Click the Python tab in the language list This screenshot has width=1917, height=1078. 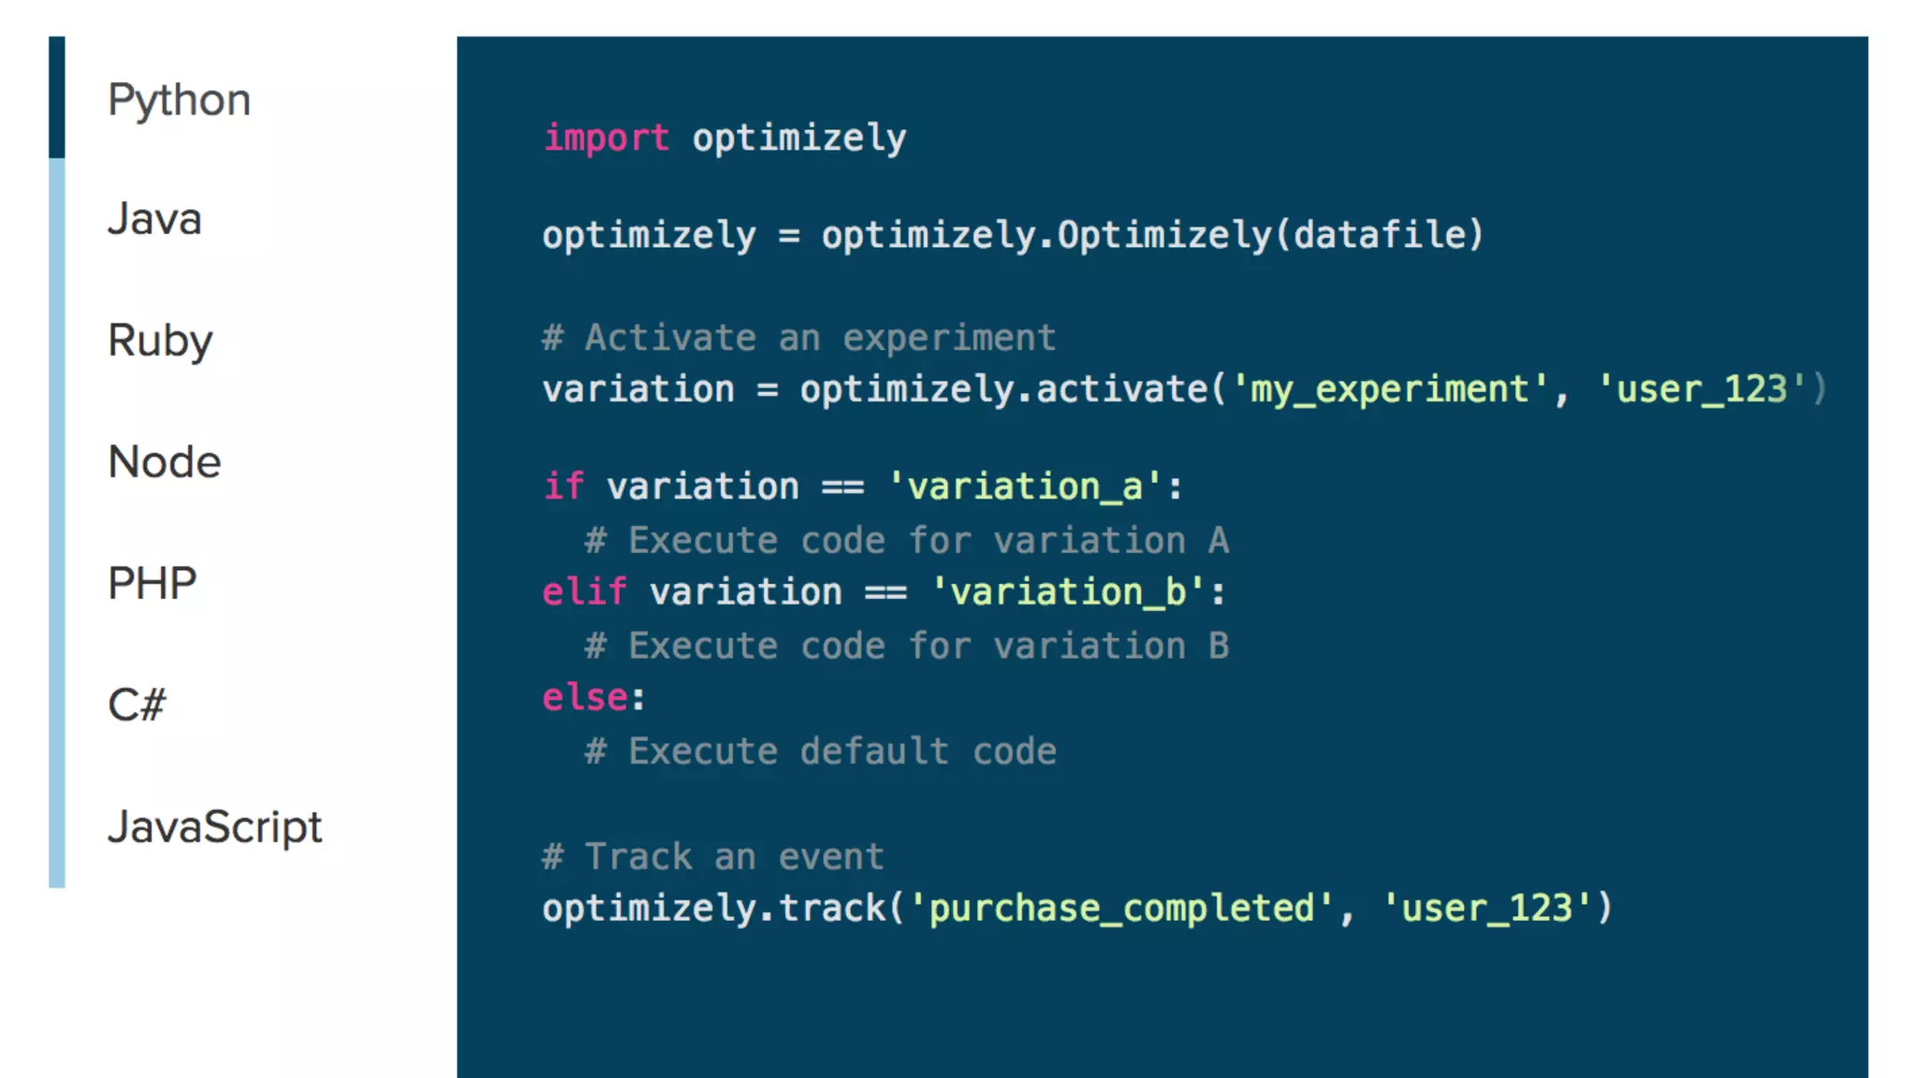pyautogui.click(x=179, y=100)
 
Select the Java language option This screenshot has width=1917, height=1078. pyautogui.click(x=154, y=220)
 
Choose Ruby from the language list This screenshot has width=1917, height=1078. pyautogui.click(x=160, y=341)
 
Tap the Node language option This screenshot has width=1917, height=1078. pyautogui.click(x=165, y=462)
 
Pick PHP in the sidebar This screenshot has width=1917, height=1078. pyautogui.click(x=152, y=584)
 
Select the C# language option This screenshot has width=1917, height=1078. pyautogui.click(x=137, y=706)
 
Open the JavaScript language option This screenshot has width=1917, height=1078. pyautogui.click(x=214, y=827)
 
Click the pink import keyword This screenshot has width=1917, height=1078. pyautogui.click(x=607, y=138)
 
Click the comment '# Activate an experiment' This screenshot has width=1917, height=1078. pyautogui.click(x=798, y=338)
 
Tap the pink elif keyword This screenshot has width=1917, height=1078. pyautogui.click(x=584, y=592)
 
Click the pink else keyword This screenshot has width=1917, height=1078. pyautogui.click(x=585, y=698)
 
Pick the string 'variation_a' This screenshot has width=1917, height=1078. pyautogui.click(x=1025, y=487)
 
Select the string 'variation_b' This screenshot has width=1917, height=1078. pyautogui.click(x=1068, y=592)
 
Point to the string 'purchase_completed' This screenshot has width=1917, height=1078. pyautogui.click(x=1121, y=909)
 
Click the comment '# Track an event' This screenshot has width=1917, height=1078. pyautogui.click(x=712, y=857)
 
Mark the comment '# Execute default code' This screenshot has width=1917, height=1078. pyautogui.click(x=820, y=751)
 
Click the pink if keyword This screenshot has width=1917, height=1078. pyautogui.click(x=563, y=487)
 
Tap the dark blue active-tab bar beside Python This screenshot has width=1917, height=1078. pyautogui.click(x=57, y=97)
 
